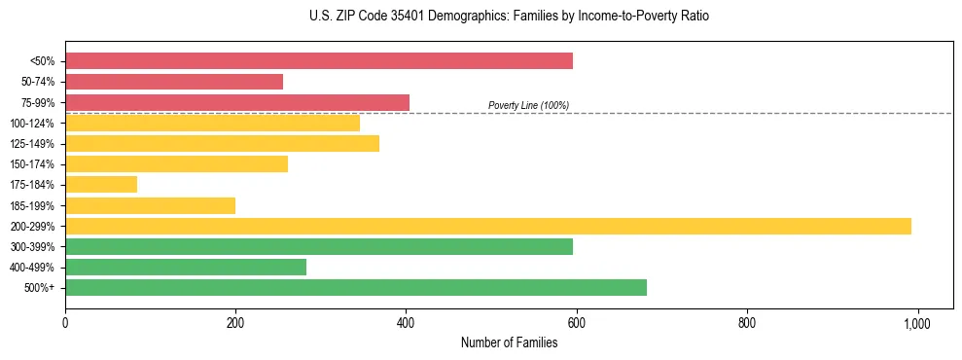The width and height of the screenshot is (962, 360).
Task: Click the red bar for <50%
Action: point(319,61)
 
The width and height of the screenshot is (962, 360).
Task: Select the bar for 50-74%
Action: point(174,82)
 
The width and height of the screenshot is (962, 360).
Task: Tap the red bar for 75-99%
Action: point(237,102)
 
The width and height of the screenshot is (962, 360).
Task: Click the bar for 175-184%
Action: point(101,184)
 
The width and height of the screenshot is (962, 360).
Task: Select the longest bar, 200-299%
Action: point(488,226)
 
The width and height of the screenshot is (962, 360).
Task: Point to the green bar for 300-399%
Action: point(319,246)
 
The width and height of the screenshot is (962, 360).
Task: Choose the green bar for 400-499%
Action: point(186,267)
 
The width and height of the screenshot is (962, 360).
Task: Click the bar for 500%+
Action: point(356,287)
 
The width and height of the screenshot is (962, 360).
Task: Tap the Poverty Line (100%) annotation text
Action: point(528,105)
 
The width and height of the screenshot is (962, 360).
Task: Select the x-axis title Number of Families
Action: point(509,342)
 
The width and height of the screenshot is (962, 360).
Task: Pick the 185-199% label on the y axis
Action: point(33,205)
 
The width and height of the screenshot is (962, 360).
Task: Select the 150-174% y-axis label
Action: point(33,164)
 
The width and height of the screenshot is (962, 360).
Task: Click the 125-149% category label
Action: point(33,144)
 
